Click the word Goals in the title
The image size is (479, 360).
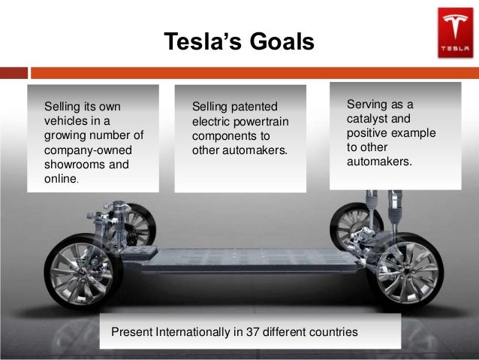pyautogui.click(x=279, y=43)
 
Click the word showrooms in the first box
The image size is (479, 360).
pyautogui.click(x=71, y=165)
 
